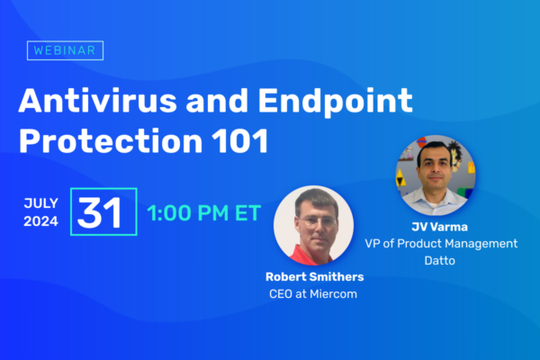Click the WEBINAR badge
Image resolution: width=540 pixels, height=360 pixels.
(65, 50)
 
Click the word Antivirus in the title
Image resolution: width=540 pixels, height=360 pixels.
(98, 101)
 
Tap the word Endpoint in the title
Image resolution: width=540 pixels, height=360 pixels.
(335, 103)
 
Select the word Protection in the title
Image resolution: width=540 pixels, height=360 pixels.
(111, 140)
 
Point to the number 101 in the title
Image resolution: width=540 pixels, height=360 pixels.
(240, 140)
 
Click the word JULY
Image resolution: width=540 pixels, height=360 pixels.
(41, 203)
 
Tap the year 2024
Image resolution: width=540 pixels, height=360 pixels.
(41, 221)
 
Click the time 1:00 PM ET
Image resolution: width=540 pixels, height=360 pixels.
(204, 212)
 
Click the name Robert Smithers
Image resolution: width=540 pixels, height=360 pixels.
(314, 276)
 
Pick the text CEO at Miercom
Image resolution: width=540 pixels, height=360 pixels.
(313, 294)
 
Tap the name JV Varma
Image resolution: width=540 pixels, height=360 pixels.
(439, 227)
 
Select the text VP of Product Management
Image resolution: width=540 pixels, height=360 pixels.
(441, 244)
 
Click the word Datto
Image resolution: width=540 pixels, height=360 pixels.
(439, 260)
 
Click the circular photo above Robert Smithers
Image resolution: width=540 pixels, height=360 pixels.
(313, 226)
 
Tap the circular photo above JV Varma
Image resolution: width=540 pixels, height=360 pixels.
(436, 175)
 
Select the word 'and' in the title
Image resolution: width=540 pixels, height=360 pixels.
(217, 101)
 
